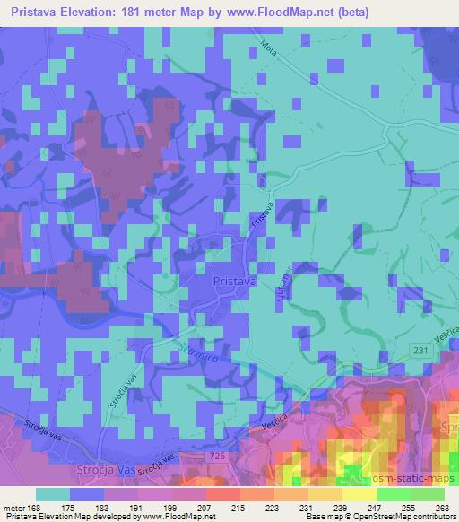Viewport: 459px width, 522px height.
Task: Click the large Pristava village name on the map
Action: pos(236,282)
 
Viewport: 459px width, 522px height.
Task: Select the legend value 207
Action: pos(205,508)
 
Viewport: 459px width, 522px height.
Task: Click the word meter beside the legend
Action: pos(14,508)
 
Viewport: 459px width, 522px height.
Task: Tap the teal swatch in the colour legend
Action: pos(53,494)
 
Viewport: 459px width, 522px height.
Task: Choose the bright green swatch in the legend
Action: pos(394,494)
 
